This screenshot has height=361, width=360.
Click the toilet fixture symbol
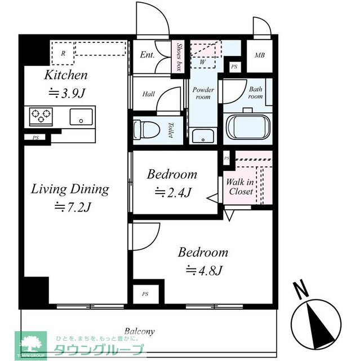pyautogui.click(x=146, y=130)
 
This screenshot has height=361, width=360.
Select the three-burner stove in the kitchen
pyautogui.click(x=41, y=117)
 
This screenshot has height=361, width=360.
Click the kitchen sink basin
pyautogui.click(x=81, y=117)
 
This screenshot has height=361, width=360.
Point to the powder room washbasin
pyautogui.click(x=203, y=137)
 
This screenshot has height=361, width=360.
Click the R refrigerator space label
pyautogui.click(x=63, y=54)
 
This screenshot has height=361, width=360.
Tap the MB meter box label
pyautogui.click(x=260, y=55)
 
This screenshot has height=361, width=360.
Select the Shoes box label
pyautogui.click(x=179, y=57)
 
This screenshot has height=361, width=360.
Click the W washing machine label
pyautogui.click(x=202, y=62)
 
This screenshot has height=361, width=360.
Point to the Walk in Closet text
pyautogui.click(x=240, y=187)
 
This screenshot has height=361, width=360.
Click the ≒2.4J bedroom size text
pyautogui.click(x=173, y=192)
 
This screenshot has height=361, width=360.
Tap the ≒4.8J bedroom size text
pyautogui.click(x=204, y=270)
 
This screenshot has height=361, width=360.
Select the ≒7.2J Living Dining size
pyautogui.click(x=73, y=207)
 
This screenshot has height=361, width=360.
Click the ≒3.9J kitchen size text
pyautogui.click(x=67, y=93)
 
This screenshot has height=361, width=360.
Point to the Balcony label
pyautogui.click(x=139, y=332)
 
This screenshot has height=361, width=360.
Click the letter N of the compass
pyautogui.click(x=301, y=289)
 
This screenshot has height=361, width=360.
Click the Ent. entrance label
pyautogui.click(x=147, y=55)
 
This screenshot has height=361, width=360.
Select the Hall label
pyautogui.click(x=148, y=94)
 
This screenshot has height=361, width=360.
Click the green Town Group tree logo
pyautogui.click(x=31, y=345)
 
